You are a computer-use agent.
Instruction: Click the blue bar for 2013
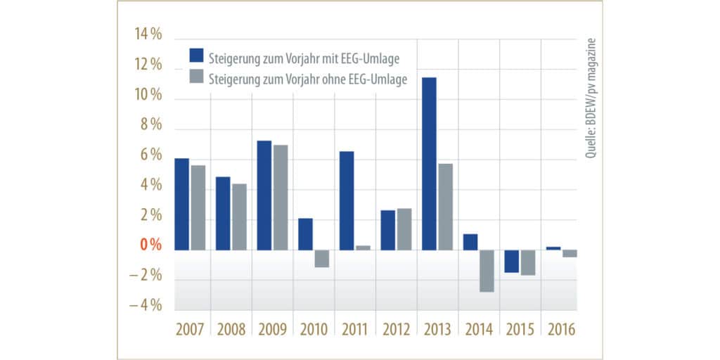point(428,163)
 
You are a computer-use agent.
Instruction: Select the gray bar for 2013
point(444,207)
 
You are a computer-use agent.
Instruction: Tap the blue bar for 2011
point(347,200)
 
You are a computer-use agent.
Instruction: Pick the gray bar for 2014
point(486,271)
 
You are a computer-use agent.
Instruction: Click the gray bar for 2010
point(321,258)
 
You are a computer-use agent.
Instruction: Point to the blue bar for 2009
point(264,195)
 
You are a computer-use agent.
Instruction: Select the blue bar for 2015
point(511,261)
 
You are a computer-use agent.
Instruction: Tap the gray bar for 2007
point(198,207)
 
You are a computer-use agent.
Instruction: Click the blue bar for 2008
point(223,213)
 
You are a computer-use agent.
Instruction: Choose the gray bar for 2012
point(404,229)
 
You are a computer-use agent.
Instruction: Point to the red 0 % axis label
point(150,245)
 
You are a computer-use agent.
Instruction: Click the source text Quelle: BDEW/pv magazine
point(591,98)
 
